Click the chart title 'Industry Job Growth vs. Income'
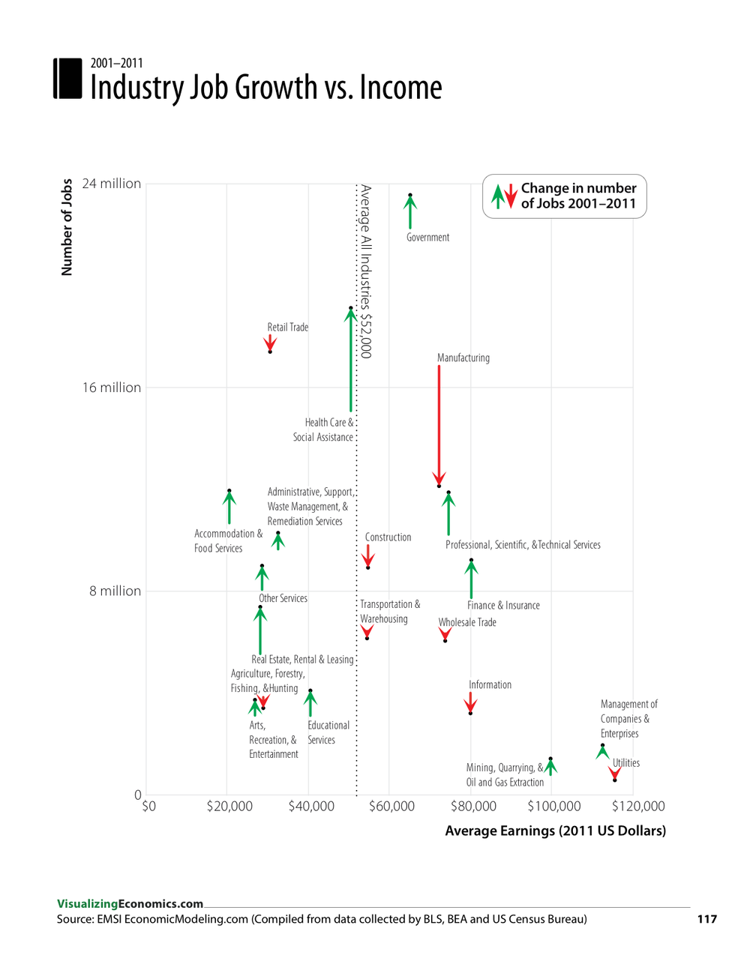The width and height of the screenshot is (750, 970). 265,88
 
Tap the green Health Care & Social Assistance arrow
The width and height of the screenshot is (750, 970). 350,360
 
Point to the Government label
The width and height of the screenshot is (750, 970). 427,238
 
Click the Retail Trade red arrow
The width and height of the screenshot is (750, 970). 270,344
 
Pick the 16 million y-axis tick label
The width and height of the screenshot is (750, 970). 111,388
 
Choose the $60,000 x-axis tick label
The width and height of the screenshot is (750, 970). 391,807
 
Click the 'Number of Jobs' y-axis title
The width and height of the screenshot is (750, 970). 67,227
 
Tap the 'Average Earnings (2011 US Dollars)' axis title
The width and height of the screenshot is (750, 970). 555,831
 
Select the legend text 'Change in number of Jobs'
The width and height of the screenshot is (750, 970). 578,196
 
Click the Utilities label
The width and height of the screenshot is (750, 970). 626,763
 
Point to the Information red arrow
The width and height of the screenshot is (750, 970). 470,703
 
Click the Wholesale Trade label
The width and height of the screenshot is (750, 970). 467,622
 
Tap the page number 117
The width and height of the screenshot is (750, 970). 706,919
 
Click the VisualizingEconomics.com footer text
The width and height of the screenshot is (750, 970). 130,904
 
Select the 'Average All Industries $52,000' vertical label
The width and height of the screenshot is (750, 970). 365,271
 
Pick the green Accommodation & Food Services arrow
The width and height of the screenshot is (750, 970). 229,507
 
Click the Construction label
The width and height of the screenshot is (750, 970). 388,537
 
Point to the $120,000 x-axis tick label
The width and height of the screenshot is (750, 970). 638,807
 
